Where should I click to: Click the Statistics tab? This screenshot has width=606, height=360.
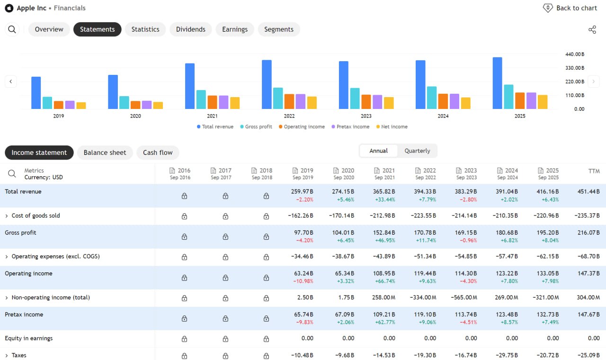145,29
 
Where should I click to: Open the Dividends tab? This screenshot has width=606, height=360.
190,29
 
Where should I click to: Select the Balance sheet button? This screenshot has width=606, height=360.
105,153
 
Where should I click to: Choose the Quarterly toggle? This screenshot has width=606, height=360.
417,151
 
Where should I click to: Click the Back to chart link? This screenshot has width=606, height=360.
570,8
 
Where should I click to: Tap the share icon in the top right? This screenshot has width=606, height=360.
592,29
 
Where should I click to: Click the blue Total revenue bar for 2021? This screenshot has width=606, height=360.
190,86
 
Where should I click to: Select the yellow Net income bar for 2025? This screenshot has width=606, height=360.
543,102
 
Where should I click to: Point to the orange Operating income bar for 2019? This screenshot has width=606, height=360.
58,105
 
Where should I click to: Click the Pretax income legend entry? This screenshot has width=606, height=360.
350,126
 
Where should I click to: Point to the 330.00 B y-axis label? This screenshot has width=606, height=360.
575,68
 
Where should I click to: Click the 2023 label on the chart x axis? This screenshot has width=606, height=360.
366,116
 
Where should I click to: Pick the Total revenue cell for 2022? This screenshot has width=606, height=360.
425,196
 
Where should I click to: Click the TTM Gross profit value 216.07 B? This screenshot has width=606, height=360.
588,233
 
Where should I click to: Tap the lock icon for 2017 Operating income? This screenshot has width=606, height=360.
225,278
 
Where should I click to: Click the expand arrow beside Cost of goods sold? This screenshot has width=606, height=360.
7,216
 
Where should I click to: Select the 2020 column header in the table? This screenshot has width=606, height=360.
344,173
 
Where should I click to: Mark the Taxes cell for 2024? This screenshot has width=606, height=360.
507,355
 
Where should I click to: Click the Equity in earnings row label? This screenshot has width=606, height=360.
29,338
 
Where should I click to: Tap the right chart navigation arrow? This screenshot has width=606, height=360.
593,81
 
